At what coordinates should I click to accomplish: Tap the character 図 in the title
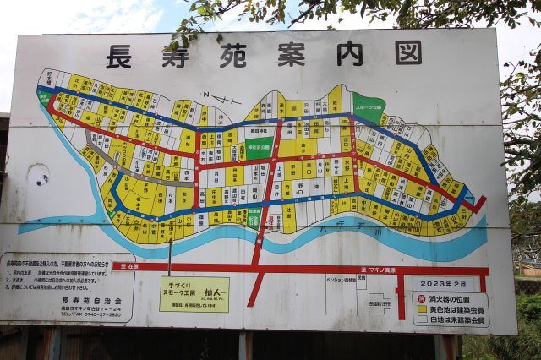[x=407, y=52]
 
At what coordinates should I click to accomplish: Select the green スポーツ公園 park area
[x=368, y=106]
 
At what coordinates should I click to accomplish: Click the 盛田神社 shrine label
[x=257, y=130]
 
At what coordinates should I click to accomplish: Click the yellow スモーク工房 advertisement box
[x=194, y=294]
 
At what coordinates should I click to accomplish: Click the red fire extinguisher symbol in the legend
[x=420, y=298]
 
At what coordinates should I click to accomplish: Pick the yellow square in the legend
[x=421, y=309]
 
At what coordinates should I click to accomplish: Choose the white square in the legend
[x=421, y=319]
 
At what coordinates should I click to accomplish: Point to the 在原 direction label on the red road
[x=127, y=265]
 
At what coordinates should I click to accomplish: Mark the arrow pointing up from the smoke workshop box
[x=170, y=255]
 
